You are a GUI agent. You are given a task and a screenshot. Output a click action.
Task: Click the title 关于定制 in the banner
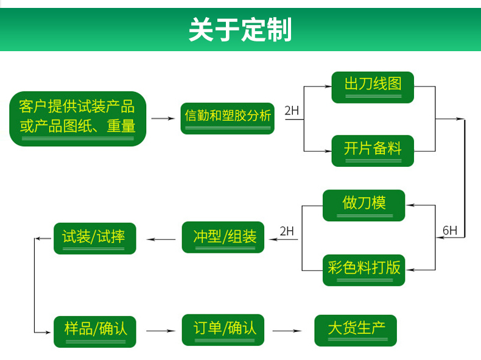[240, 29]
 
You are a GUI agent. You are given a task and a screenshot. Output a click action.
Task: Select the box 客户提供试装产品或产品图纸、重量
[77, 119]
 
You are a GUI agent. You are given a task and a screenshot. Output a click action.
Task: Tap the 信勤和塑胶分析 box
[227, 118]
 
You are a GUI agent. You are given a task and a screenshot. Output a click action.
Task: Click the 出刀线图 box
[373, 87]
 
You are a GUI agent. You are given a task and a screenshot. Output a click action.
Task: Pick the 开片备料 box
[373, 150]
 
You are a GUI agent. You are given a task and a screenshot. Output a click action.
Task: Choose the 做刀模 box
[364, 205]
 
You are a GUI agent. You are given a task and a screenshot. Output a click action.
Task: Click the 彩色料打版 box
[364, 270]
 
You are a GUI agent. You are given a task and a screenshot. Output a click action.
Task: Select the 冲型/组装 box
[223, 237]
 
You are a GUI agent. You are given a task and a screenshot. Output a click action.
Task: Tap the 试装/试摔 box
[95, 238]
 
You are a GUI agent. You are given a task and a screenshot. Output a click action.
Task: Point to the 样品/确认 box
[95, 332]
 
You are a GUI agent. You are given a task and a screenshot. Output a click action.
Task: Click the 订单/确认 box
[223, 330]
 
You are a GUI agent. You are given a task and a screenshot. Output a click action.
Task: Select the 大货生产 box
[356, 331]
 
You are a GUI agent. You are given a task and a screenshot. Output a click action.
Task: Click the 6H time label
[450, 230]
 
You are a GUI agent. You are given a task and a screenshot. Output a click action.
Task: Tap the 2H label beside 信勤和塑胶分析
[292, 110]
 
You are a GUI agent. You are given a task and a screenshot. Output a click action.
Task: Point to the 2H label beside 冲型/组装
[287, 231]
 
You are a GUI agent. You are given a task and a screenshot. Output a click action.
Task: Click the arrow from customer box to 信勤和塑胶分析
[163, 118]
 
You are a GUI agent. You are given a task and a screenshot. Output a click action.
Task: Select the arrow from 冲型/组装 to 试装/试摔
[161, 239]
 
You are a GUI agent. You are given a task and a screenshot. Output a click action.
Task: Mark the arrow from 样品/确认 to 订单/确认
[161, 331]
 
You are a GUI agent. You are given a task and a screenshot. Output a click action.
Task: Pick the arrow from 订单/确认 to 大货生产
[287, 331]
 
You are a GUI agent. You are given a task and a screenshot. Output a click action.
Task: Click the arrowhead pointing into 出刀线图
[328, 86]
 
